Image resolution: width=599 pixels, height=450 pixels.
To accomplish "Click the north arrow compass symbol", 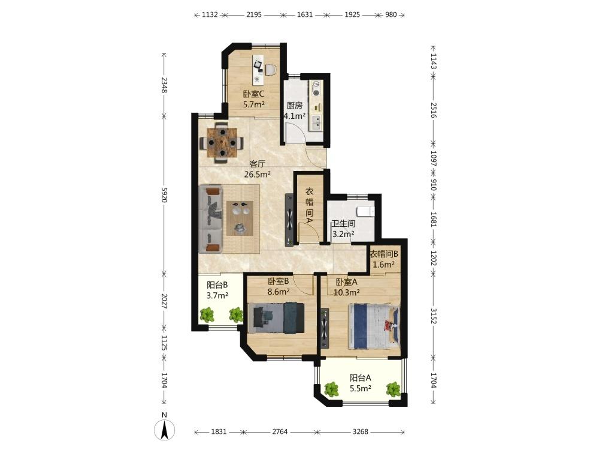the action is (x=164, y=430).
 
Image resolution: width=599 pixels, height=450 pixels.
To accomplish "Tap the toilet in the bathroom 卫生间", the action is (x=366, y=211).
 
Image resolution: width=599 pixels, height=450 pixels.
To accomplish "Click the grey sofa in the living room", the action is (x=210, y=219).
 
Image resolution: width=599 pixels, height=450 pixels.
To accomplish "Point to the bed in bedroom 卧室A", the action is (x=374, y=326).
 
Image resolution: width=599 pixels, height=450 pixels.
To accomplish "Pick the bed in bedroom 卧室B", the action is (x=276, y=317).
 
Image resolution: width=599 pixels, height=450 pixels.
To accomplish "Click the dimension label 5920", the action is (x=164, y=194).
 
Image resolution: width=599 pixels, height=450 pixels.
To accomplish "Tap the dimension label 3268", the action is (x=360, y=431).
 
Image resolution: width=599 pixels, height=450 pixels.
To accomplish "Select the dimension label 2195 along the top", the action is (x=253, y=14).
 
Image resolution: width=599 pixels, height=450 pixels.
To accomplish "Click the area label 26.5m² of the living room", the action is (x=258, y=175).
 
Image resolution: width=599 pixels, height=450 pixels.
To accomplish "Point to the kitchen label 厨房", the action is (x=295, y=105).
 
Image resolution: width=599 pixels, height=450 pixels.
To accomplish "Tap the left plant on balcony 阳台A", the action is (x=331, y=389).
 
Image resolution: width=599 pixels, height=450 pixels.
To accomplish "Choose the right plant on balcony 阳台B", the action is (x=235, y=314).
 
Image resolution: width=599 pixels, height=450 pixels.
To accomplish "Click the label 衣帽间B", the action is (x=384, y=254).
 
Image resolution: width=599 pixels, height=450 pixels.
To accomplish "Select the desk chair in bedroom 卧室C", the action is (x=270, y=70).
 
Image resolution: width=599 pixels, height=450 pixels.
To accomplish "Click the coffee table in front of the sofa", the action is (x=240, y=218).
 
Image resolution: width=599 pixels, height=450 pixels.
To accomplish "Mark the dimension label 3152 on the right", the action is (x=433, y=316).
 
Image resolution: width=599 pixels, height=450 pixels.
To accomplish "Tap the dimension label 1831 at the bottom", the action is (x=219, y=431).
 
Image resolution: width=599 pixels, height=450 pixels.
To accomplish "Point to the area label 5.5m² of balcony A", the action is (x=361, y=388).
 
